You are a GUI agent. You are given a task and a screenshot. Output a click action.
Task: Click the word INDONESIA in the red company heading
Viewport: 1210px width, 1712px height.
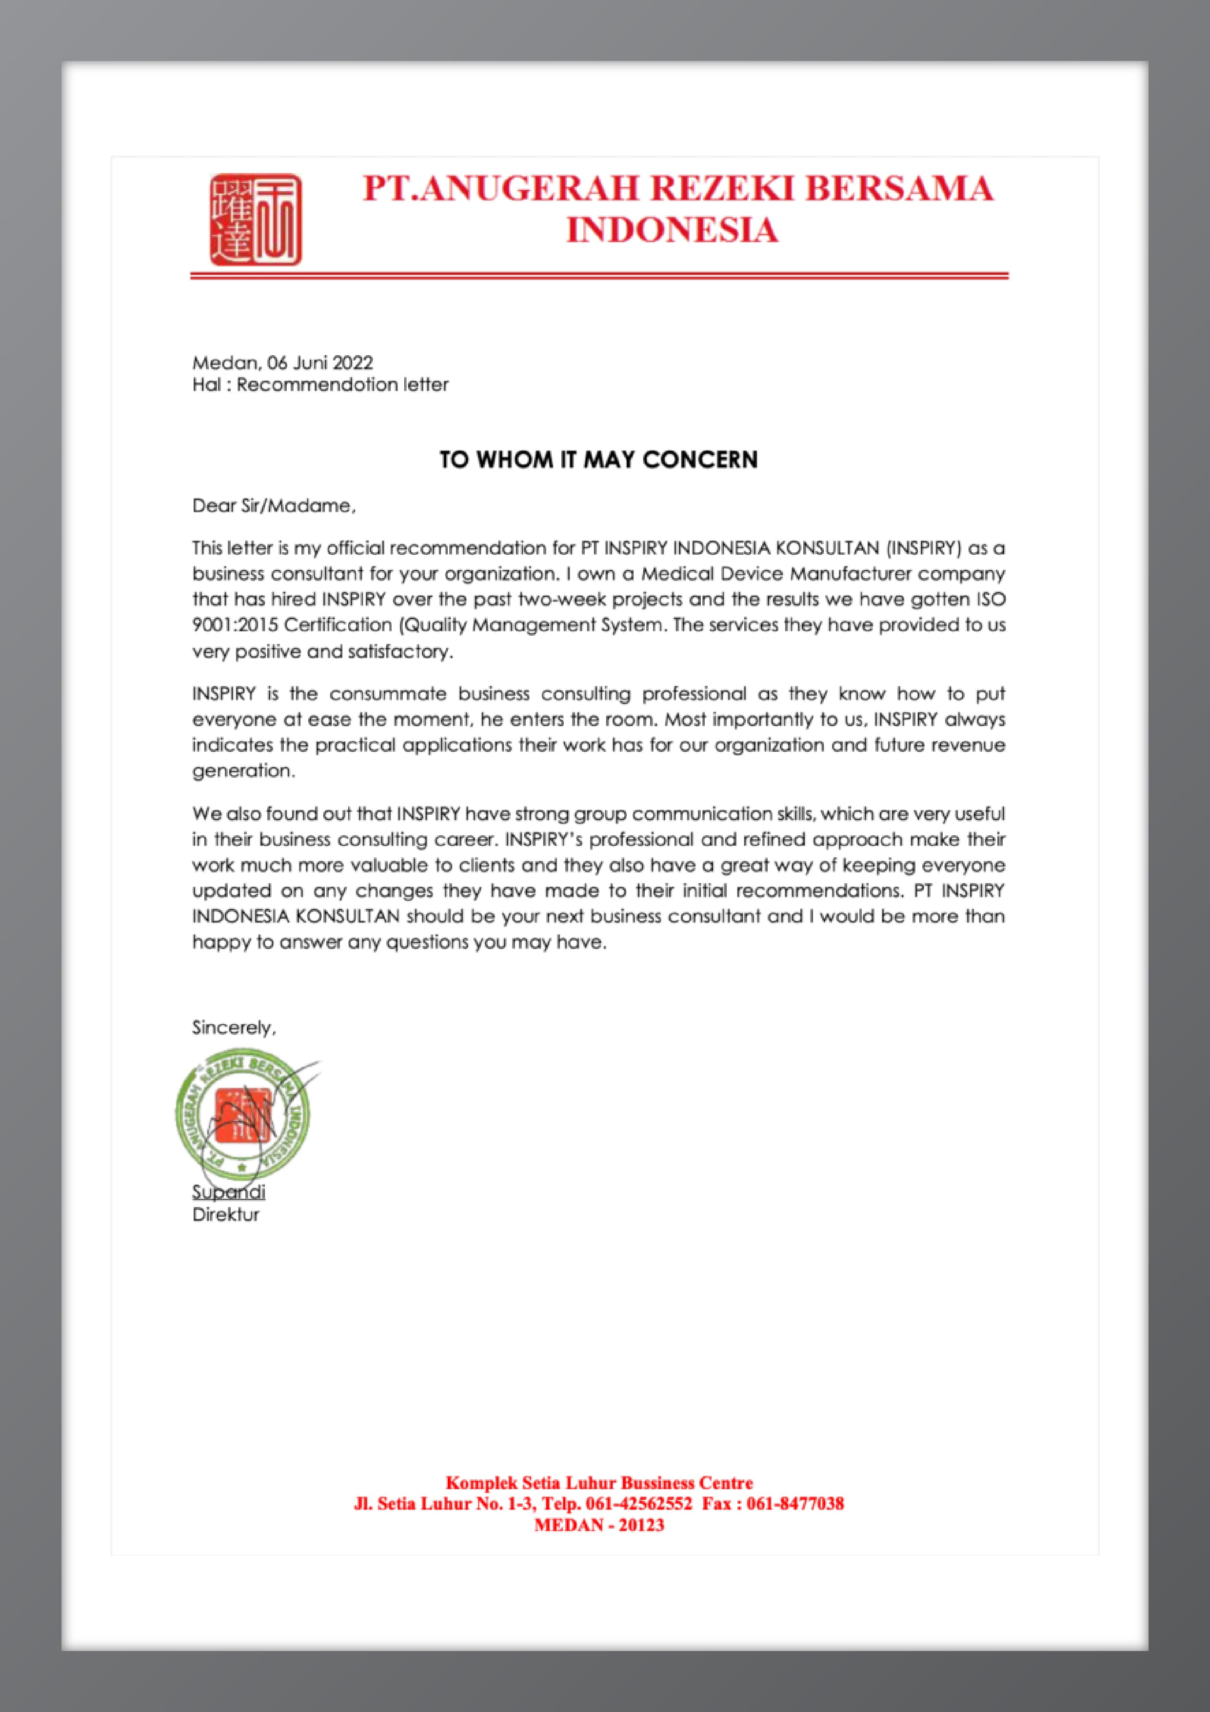(x=673, y=230)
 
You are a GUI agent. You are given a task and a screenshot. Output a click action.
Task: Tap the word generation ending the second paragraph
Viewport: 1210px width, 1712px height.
(x=242, y=771)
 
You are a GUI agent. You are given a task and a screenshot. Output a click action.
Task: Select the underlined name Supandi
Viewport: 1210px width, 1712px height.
(x=228, y=1191)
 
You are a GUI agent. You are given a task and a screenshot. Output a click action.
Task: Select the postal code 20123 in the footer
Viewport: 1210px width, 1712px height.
(x=641, y=1525)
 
